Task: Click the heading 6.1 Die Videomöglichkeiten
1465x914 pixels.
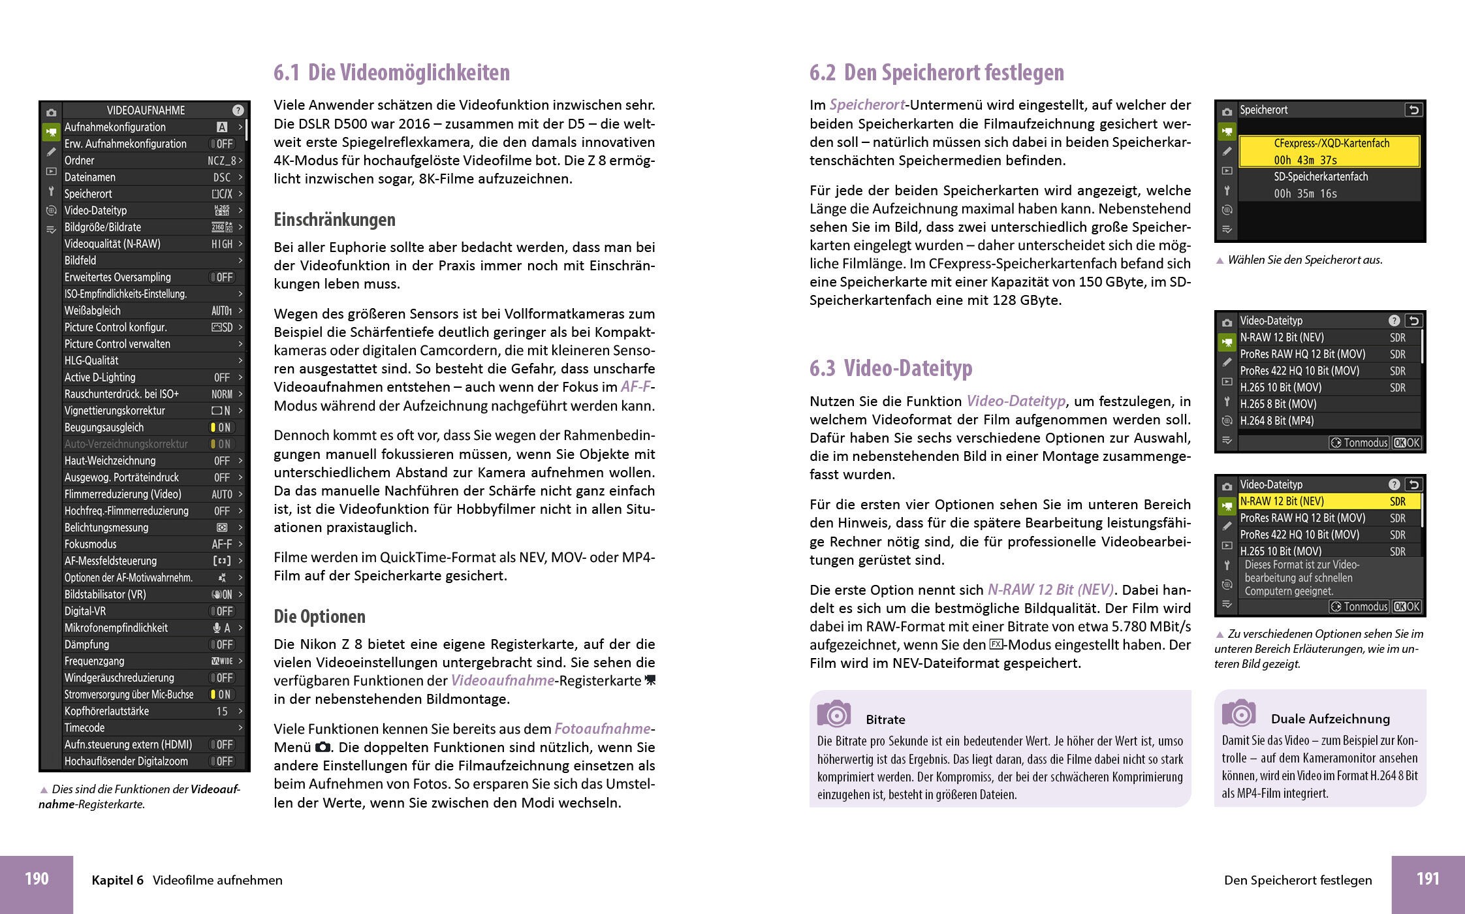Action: [x=392, y=72]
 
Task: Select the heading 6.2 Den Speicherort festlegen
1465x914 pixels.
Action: [x=936, y=72]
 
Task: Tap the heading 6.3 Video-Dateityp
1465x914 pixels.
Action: [x=890, y=368]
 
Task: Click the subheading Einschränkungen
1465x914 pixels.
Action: [x=334, y=220]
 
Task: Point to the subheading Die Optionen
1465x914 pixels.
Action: [x=319, y=616]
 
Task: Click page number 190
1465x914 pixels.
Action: [x=37, y=879]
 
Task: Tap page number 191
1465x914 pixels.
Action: [x=1428, y=879]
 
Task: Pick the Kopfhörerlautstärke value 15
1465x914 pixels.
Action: [x=222, y=712]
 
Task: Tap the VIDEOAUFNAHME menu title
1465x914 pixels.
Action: [x=146, y=110]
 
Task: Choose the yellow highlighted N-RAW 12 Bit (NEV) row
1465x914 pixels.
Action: [x=1329, y=501]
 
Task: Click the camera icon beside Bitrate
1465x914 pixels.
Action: [x=834, y=714]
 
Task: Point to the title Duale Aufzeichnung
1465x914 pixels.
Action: [x=1330, y=719]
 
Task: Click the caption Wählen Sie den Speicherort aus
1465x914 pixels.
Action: [x=1304, y=260]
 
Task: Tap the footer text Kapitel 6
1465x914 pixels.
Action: [x=118, y=880]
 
